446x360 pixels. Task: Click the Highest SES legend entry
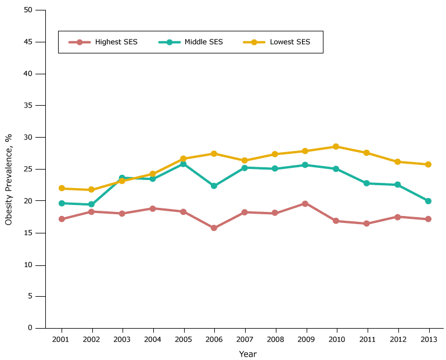click(103, 42)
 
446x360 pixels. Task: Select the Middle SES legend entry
click(190, 42)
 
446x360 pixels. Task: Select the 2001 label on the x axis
click(61, 339)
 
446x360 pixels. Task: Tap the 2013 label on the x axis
click(429, 339)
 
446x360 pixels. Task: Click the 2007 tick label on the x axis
click(244, 339)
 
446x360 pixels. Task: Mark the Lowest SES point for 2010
click(336, 146)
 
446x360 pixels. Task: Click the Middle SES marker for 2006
click(214, 186)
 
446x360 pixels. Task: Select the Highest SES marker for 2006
click(214, 228)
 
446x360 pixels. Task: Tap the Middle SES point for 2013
click(429, 201)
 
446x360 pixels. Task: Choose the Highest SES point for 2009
click(305, 203)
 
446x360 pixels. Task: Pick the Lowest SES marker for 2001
click(61, 188)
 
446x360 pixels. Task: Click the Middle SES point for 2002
click(91, 204)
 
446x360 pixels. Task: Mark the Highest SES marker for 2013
click(429, 219)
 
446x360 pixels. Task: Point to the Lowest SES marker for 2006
click(214, 153)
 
